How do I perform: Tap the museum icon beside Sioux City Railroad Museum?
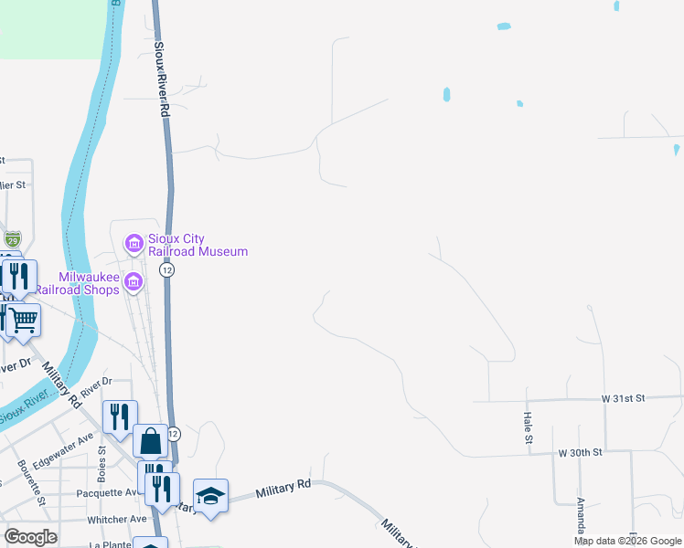click(x=134, y=244)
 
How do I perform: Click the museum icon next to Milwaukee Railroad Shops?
click(x=134, y=282)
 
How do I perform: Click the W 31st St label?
click(x=624, y=398)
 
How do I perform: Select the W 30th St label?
click(x=581, y=452)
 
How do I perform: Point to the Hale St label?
click(x=529, y=427)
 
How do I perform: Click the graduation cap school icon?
click(x=210, y=497)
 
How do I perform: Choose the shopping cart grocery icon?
click(x=24, y=320)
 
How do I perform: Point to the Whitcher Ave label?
click(x=118, y=519)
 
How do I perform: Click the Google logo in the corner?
click(x=30, y=537)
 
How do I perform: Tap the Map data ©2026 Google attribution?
click(x=627, y=541)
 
